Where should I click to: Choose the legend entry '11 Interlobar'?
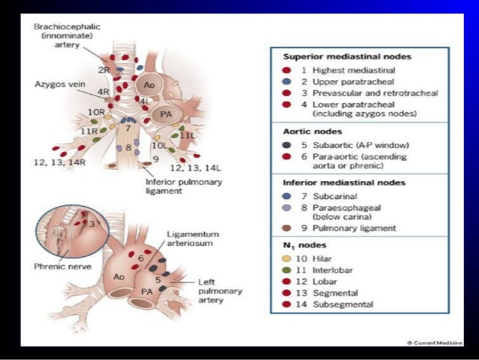[x=327, y=270]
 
